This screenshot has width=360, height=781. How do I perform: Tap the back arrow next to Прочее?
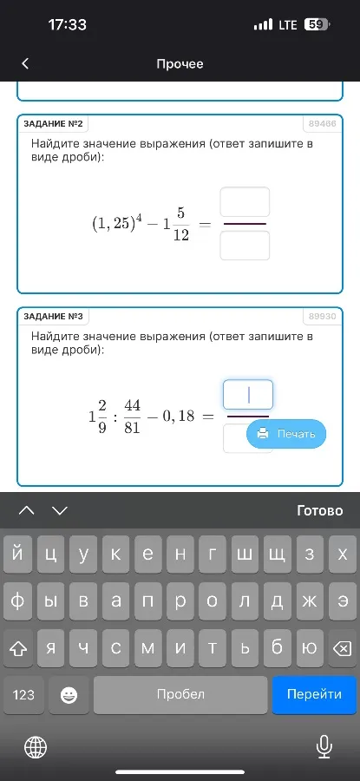tap(25, 63)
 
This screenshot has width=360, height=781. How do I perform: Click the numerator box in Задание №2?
tap(245, 202)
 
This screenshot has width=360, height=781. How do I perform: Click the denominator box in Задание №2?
tap(245, 246)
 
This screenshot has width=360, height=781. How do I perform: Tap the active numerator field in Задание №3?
tap(248, 395)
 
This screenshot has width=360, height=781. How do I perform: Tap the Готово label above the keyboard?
tap(319, 510)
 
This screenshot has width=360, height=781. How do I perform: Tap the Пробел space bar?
tap(180, 694)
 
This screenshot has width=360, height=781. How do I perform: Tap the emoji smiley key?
tap(69, 694)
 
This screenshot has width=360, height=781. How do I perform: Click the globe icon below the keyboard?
tap(36, 745)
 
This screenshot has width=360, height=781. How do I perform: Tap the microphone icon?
tap(324, 745)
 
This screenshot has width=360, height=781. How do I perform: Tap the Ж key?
tap(309, 601)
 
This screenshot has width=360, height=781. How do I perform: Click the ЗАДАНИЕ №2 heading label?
tap(54, 124)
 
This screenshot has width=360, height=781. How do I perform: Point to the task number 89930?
tap(322, 317)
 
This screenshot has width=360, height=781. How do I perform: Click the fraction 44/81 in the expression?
tap(132, 417)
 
